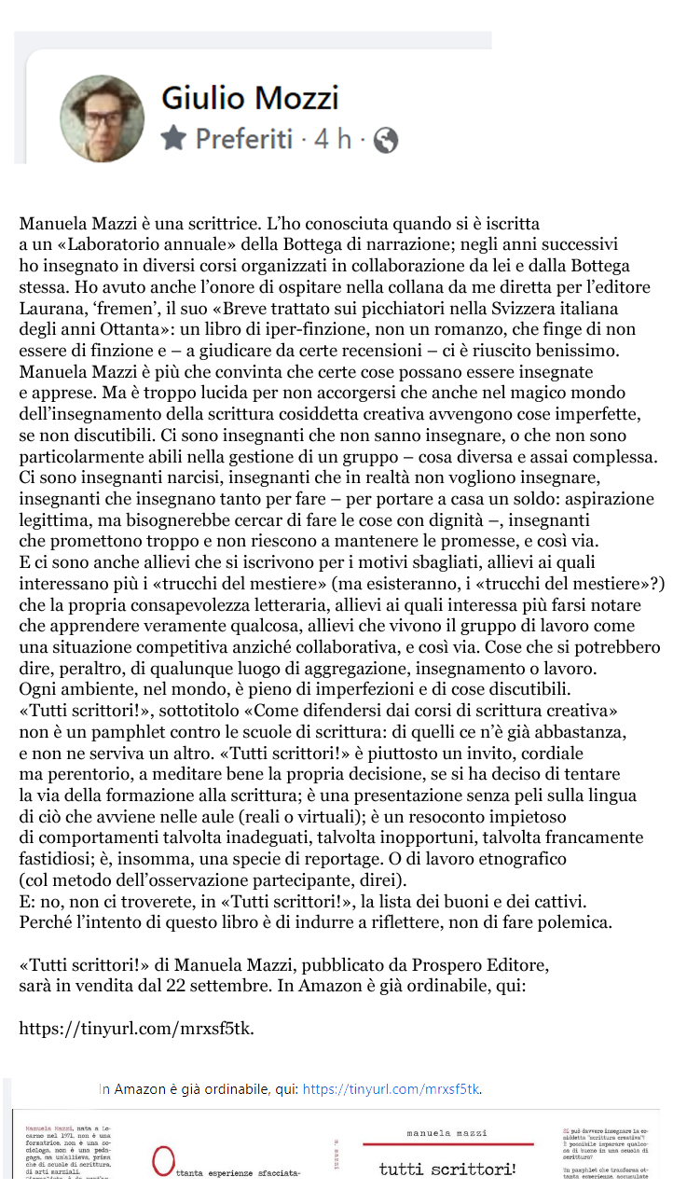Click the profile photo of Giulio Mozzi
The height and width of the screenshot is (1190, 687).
tap(103, 118)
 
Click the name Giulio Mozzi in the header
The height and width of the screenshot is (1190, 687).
tap(250, 97)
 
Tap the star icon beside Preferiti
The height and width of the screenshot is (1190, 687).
tap(173, 139)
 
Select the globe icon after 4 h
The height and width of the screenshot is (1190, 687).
tap(385, 140)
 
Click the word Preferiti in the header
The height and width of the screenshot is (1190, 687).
tap(243, 139)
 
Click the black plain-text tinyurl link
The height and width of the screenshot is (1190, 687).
tap(136, 1029)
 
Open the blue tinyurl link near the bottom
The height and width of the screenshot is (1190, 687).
tap(392, 1088)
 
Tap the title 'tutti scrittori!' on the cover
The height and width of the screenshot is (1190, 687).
tap(447, 1169)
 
